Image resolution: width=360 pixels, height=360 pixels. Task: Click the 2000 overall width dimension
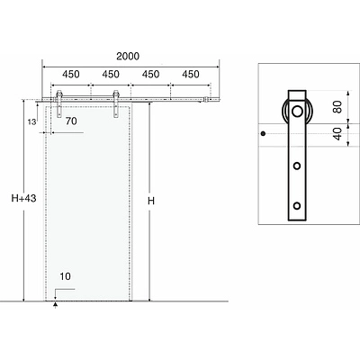pyautogui.click(x=128, y=56)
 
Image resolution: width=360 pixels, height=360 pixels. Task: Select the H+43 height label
pyautogui.click(x=23, y=198)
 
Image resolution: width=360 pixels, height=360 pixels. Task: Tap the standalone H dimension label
pyautogui.click(x=151, y=201)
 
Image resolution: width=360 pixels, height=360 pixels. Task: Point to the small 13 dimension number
pyautogui.click(x=31, y=121)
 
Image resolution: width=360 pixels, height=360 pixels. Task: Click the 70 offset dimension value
pyautogui.click(x=71, y=121)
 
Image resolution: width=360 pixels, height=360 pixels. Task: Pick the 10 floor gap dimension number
pyautogui.click(x=65, y=276)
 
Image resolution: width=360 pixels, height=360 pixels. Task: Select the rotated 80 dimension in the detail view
pyautogui.click(x=337, y=106)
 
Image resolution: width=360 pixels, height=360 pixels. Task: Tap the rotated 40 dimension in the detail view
pyautogui.click(x=337, y=134)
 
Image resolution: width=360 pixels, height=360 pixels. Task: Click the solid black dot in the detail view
pyautogui.click(x=263, y=133)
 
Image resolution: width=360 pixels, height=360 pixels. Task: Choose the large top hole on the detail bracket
pyautogui.click(x=297, y=112)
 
